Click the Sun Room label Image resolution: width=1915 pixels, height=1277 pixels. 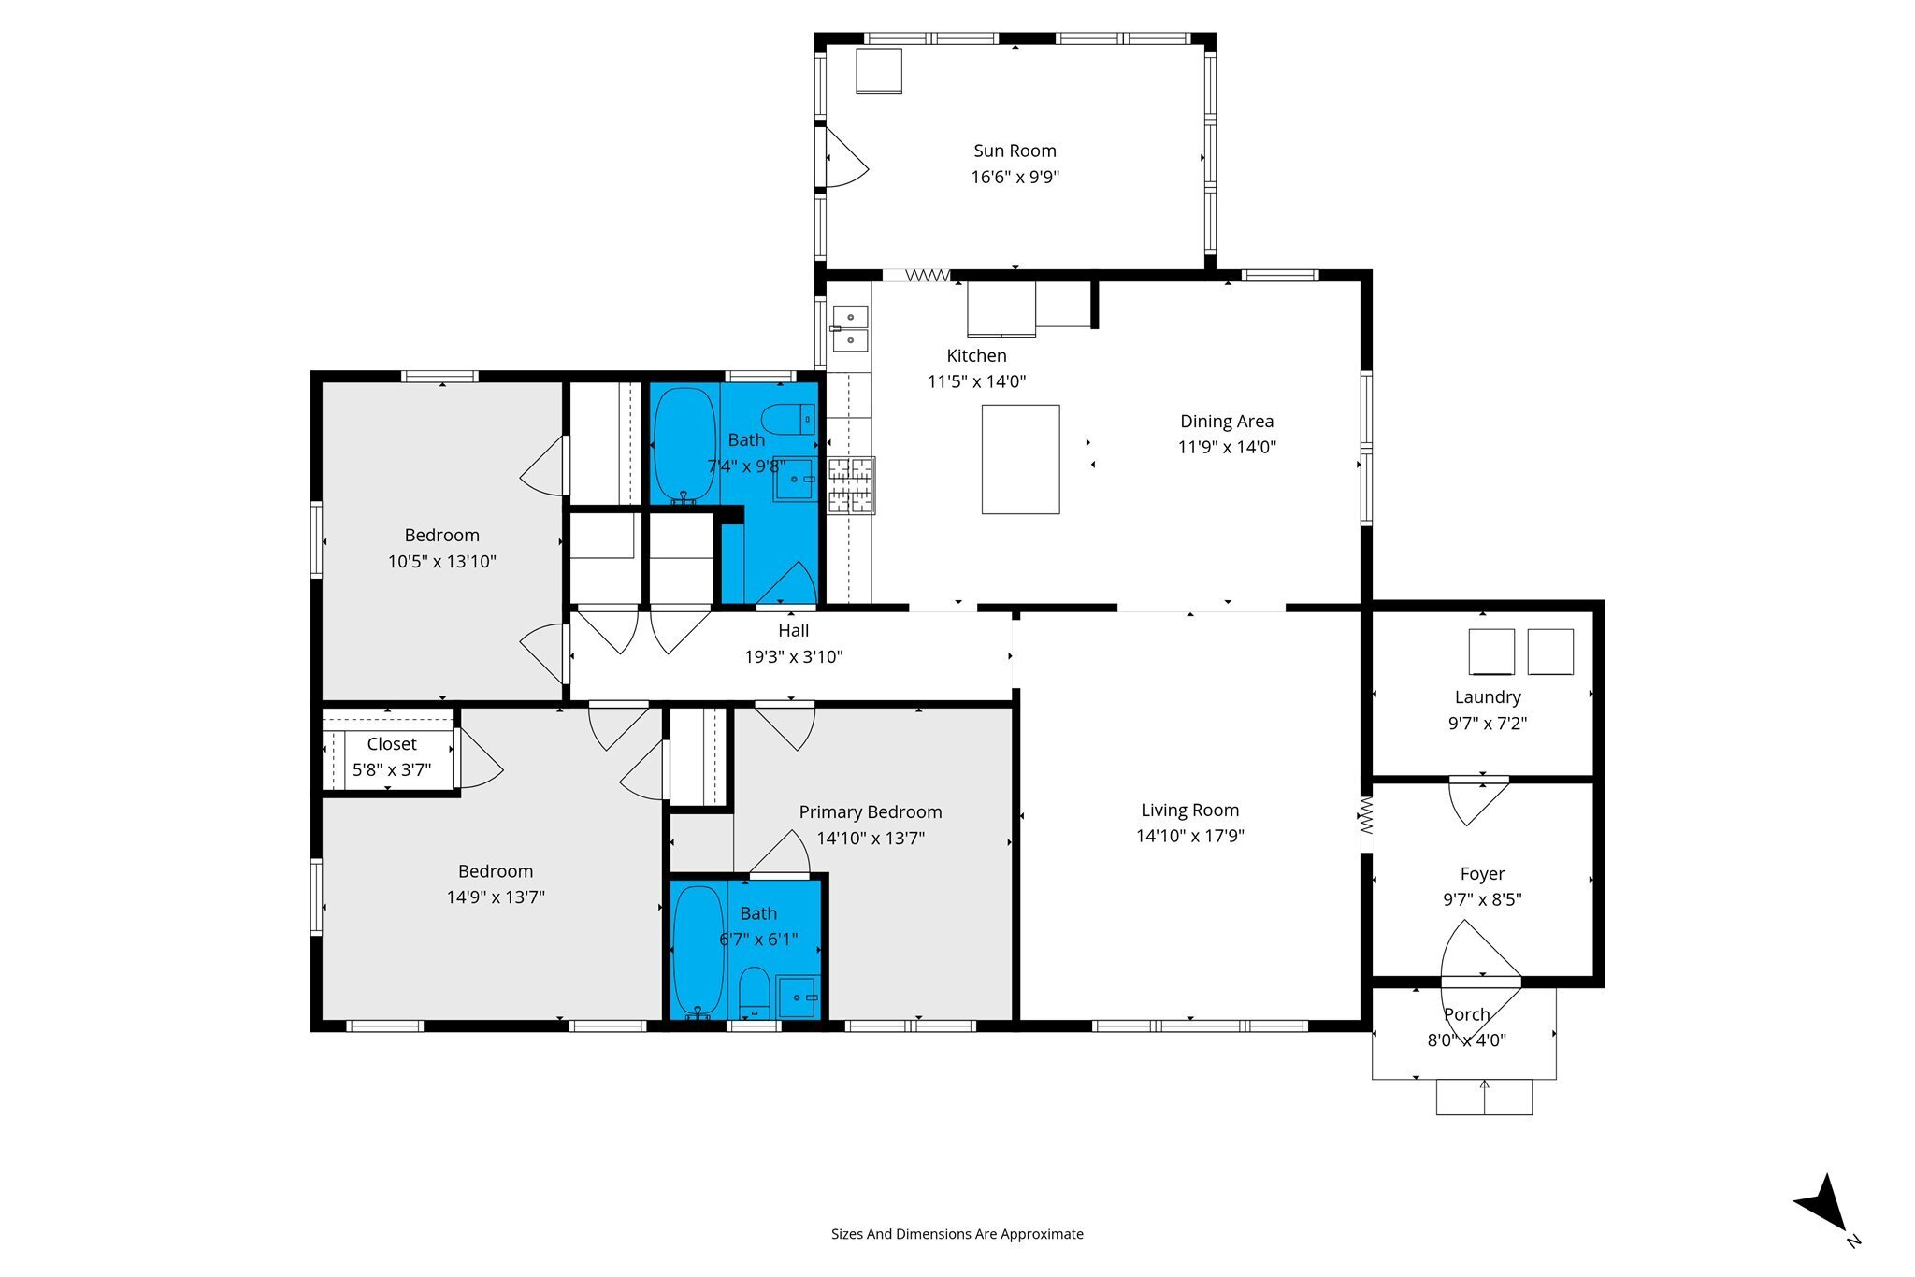[x=1015, y=151]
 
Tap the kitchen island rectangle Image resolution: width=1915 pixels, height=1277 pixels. [x=1020, y=459]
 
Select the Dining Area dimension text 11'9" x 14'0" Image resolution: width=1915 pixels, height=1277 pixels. [x=1227, y=447]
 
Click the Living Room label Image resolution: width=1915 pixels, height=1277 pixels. [x=1189, y=811]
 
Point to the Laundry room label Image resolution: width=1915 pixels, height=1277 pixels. [x=1488, y=697]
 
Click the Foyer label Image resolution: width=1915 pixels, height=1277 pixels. [x=1482, y=874]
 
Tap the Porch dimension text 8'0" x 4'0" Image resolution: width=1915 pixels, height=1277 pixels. [x=1466, y=1040]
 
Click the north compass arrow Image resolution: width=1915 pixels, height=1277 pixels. [x=1822, y=1214]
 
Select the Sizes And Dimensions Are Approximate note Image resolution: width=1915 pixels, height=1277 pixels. [x=957, y=1234]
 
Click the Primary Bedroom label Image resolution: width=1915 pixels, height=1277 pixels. [x=870, y=812]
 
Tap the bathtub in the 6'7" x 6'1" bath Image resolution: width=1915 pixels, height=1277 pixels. [x=698, y=952]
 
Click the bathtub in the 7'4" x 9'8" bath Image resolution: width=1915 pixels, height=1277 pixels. [x=684, y=446]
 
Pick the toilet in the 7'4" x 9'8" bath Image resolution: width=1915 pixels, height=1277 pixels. [x=787, y=419]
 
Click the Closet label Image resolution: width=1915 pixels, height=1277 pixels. [x=392, y=744]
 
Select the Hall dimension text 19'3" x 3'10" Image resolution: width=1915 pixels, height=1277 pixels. [x=793, y=657]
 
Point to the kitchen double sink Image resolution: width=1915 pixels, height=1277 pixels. [x=850, y=328]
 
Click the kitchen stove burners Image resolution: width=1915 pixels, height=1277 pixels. [x=850, y=485]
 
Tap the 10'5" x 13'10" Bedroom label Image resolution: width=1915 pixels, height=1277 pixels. [x=441, y=536]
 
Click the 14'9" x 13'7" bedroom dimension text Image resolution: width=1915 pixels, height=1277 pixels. [x=496, y=897]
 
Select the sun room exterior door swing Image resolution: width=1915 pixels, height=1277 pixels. [x=846, y=157]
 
